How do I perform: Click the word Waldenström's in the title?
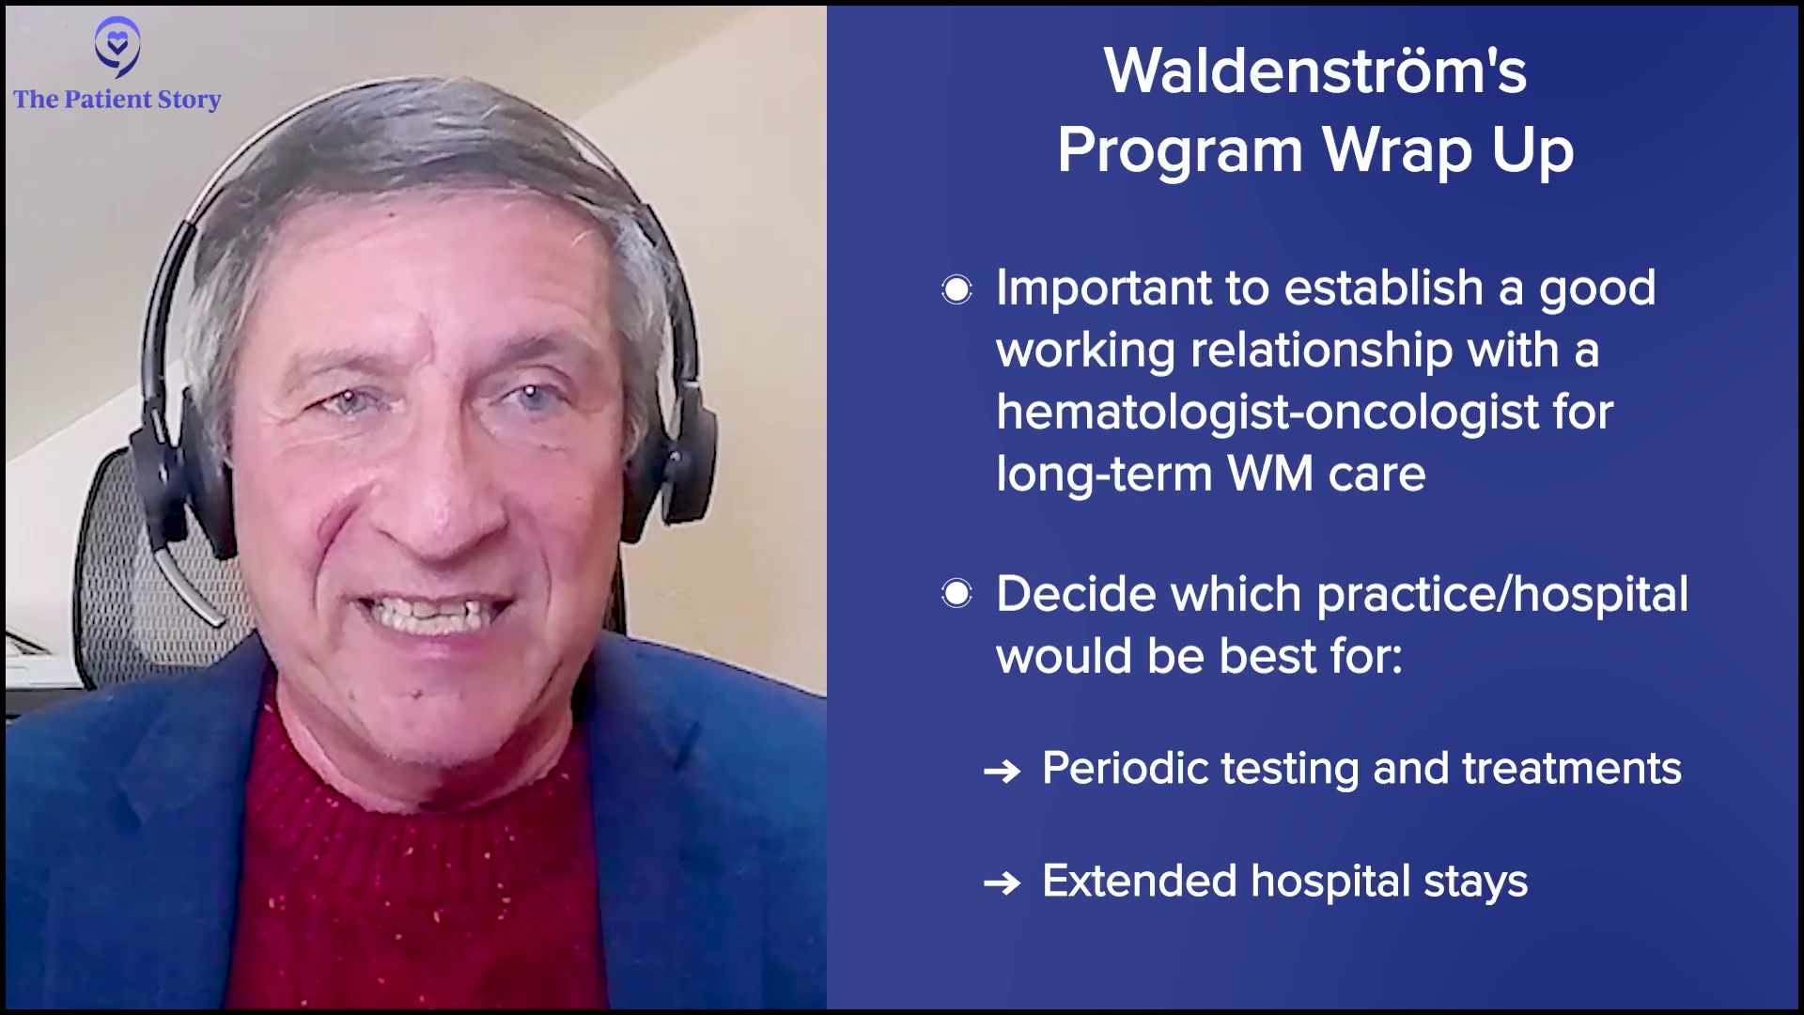pyautogui.click(x=1315, y=71)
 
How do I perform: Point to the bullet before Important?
pyautogui.click(x=956, y=289)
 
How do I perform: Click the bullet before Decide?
pyautogui.click(x=956, y=594)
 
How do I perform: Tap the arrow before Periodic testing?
pyautogui.click(x=1002, y=772)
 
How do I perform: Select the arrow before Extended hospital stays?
pyautogui.click(x=1002, y=883)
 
